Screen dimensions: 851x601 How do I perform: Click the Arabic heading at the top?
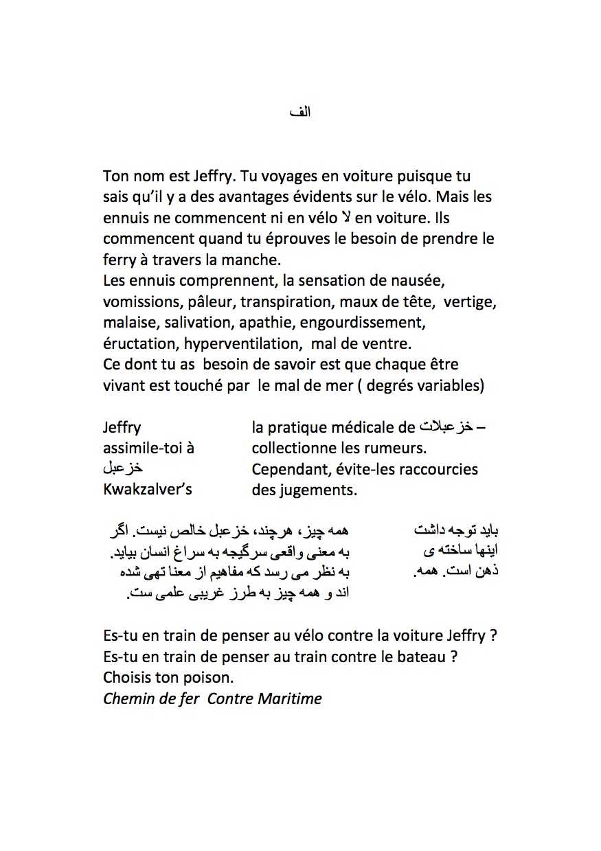301,111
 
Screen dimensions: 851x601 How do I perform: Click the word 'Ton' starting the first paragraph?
116,176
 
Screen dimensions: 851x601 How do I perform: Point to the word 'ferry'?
120,260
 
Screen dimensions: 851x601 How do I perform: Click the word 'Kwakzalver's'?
148,490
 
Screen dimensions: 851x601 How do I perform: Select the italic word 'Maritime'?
289,699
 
